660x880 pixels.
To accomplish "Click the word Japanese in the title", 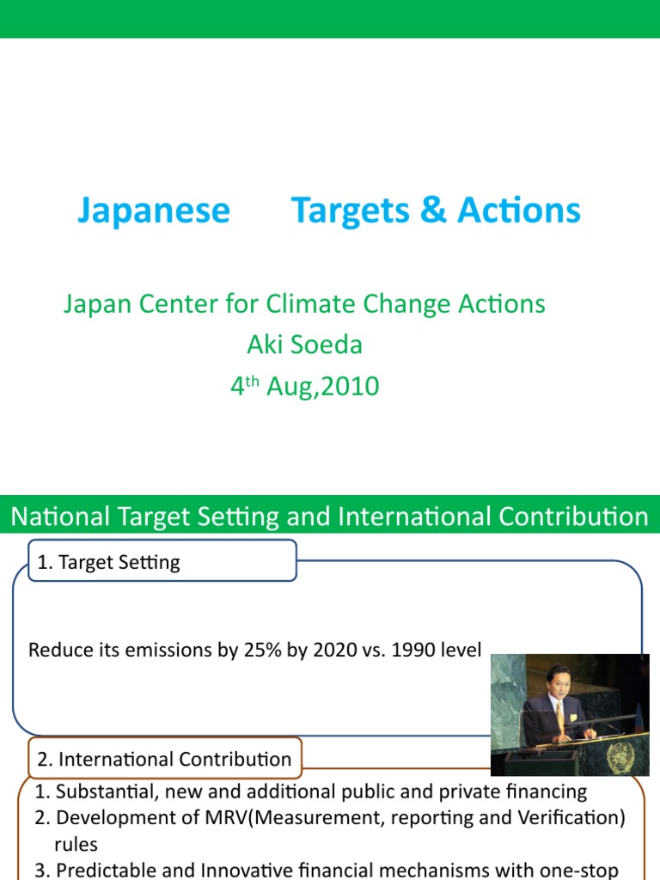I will pyautogui.click(x=154, y=211).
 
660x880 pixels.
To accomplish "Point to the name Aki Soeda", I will pyautogui.click(x=304, y=345).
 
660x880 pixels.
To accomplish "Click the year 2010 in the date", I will pyautogui.click(x=351, y=386).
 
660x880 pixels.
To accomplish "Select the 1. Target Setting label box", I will pyautogui.click(x=162, y=562).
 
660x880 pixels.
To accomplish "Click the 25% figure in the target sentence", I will pyautogui.click(x=261, y=650).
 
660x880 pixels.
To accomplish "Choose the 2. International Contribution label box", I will pyautogui.click(x=165, y=759).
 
